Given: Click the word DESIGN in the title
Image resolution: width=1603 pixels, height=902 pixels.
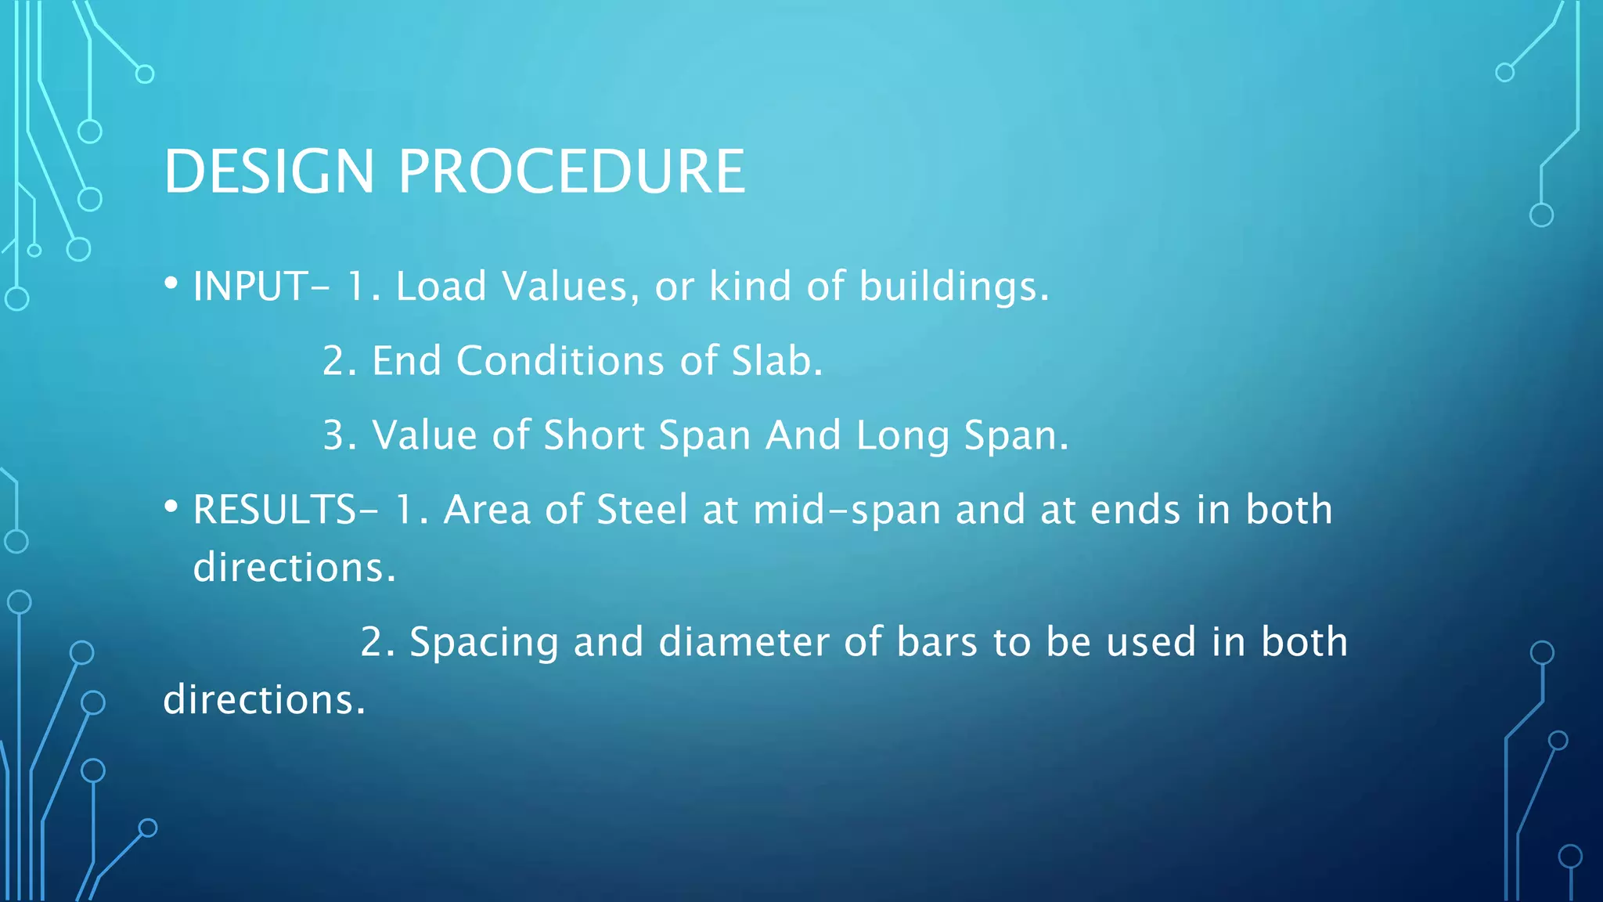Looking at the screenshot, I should (x=269, y=171).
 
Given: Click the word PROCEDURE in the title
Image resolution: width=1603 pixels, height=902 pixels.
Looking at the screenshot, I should (x=571, y=171).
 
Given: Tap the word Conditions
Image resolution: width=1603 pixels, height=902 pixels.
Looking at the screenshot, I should (x=560, y=360).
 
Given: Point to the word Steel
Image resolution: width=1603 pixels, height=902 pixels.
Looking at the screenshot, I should (x=643, y=510).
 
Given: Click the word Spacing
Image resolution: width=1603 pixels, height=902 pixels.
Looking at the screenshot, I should (x=484, y=643).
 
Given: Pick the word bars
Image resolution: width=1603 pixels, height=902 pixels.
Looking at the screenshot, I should (x=937, y=642).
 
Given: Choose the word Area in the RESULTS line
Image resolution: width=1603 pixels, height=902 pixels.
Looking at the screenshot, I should (x=487, y=510).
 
